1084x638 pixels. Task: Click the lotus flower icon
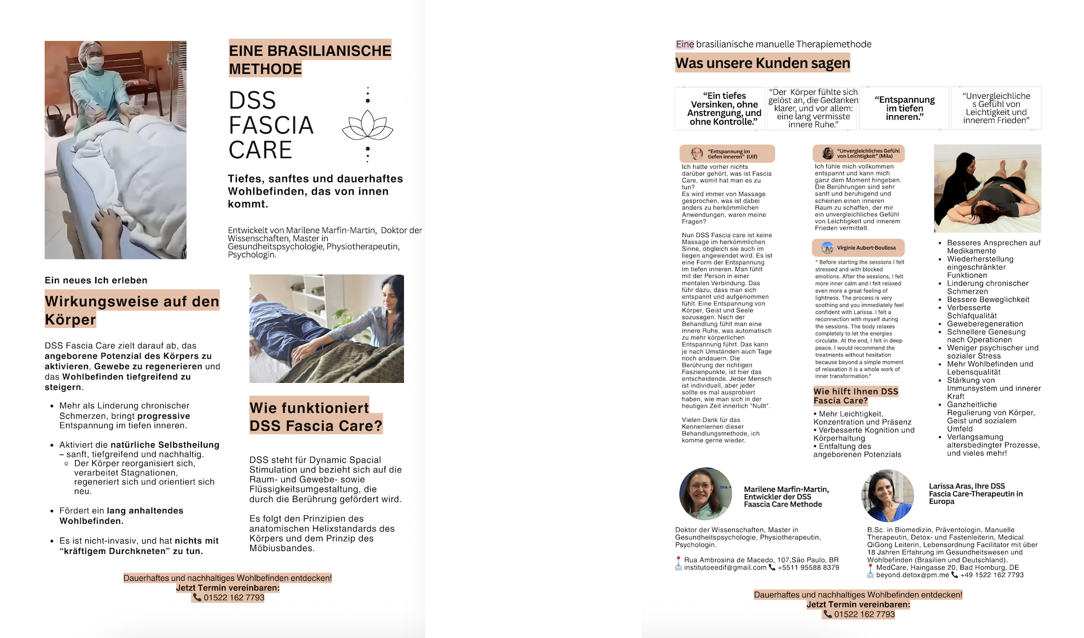pos(368,125)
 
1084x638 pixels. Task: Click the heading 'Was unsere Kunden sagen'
pos(763,63)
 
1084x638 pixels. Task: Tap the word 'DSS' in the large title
pos(252,100)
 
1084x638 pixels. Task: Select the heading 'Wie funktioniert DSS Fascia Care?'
pos(315,416)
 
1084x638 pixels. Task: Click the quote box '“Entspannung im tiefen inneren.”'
pos(904,108)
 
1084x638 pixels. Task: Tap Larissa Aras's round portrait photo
pos(888,495)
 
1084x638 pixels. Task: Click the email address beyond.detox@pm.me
pos(912,575)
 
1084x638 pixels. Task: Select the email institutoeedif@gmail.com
pos(725,567)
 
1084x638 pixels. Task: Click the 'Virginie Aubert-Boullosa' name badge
pos(858,248)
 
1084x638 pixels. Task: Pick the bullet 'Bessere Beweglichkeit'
pos(988,300)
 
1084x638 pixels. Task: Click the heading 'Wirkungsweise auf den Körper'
pos(131,310)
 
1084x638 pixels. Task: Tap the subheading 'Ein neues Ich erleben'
pos(96,281)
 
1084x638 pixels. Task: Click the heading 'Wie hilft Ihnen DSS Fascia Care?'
pos(855,396)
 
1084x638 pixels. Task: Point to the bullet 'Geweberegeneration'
pos(985,324)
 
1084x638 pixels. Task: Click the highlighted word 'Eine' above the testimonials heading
pos(685,45)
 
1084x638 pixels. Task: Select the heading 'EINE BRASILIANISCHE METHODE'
pos(310,59)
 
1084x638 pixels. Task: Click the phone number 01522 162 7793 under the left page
pos(233,597)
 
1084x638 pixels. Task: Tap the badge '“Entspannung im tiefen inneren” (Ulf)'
pos(727,154)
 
